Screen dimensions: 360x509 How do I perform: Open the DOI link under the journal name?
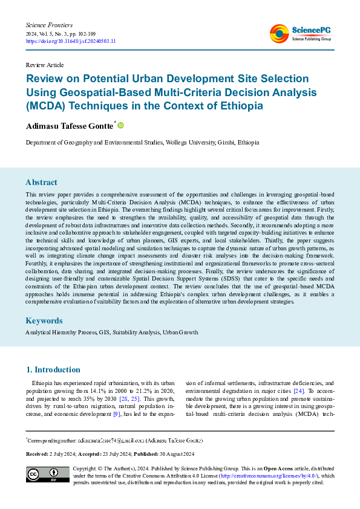pos(71,41)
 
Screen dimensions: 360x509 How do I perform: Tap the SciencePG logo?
pos(300,33)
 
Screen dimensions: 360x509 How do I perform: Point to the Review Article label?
pos(44,65)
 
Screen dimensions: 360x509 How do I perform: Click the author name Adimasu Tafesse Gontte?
pos(69,126)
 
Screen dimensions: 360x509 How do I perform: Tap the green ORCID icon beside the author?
pos(120,125)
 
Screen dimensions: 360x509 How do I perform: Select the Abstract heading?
pos(41,182)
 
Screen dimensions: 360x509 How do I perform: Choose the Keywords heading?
pos(44,320)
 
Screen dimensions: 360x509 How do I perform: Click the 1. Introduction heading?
pos(53,369)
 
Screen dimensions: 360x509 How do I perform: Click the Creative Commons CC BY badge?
pos(47,475)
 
